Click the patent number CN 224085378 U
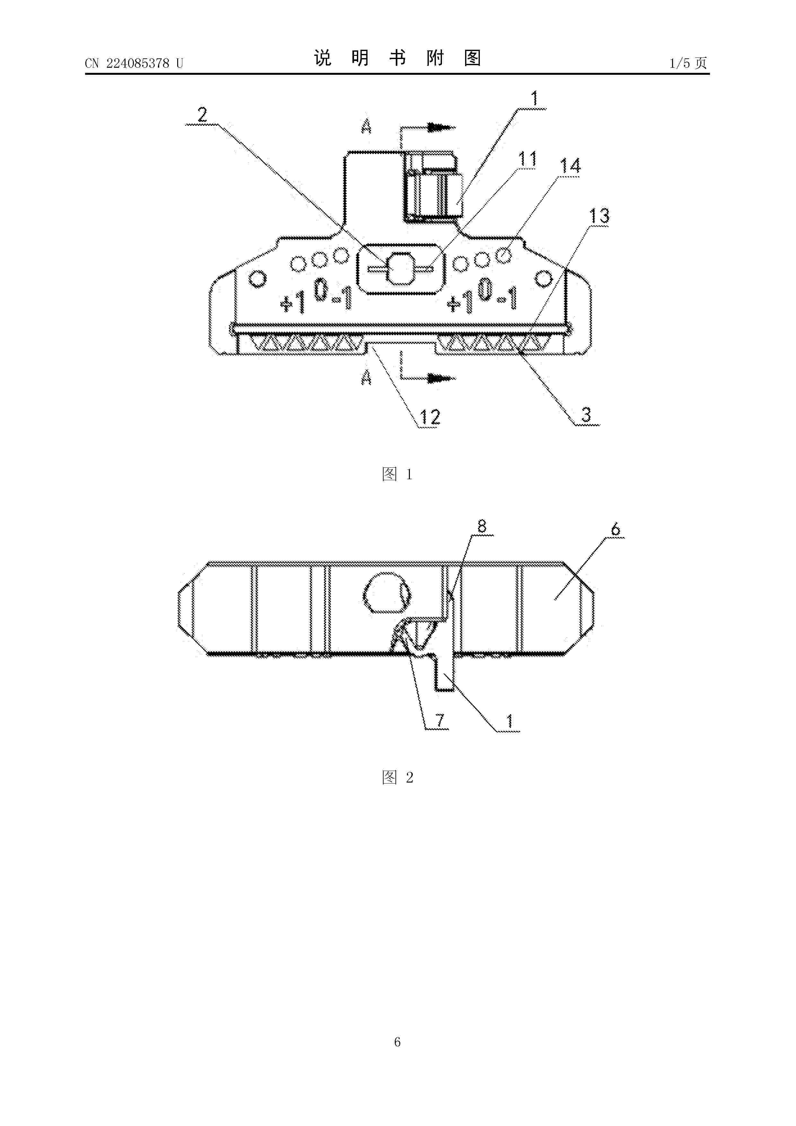[x=134, y=63]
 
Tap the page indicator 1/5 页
[x=688, y=63]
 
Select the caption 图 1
[x=397, y=474]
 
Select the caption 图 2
[x=397, y=777]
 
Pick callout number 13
[x=599, y=216]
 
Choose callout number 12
[x=430, y=417]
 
